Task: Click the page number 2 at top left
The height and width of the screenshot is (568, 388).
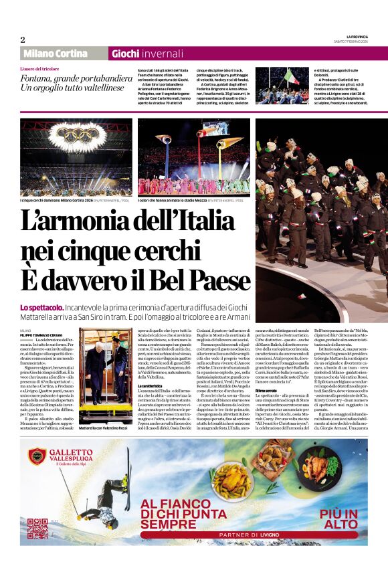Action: tap(23, 40)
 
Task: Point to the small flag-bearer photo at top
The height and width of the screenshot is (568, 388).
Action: tap(281, 85)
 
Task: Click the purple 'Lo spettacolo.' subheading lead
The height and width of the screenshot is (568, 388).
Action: tap(43, 307)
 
